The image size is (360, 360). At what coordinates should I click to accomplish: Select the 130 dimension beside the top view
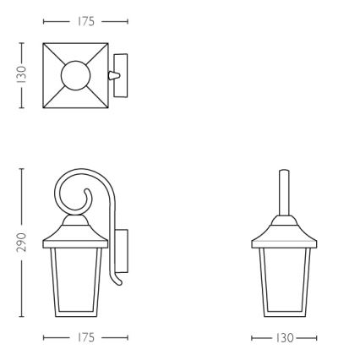coord(22,75)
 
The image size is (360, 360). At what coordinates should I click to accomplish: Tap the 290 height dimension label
coord(22,243)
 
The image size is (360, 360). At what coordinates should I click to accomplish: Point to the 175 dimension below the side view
coord(85,337)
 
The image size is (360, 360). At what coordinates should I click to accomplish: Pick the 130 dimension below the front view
coord(284,337)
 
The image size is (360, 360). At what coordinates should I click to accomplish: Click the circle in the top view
coord(75,75)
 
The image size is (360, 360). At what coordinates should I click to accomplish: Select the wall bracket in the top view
coord(122,75)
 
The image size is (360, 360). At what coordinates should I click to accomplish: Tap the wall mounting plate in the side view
coord(121,250)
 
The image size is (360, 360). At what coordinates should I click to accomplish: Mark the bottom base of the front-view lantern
coord(284,314)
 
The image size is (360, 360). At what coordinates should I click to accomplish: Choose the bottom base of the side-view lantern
coord(75,314)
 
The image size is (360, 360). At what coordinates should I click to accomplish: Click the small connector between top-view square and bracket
coord(112,75)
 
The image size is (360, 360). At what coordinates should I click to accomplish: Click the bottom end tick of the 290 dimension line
coord(22,318)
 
